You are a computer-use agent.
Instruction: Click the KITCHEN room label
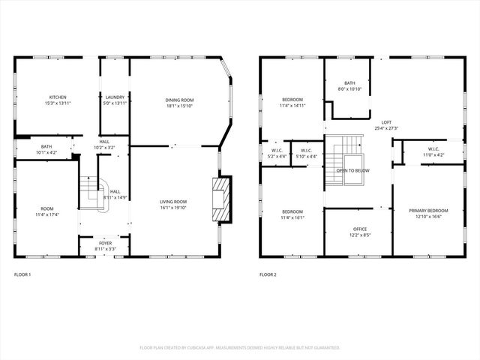(x=58, y=97)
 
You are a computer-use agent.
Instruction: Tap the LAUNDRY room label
(x=115, y=97)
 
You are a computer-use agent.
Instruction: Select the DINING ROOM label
(x=179, y=100)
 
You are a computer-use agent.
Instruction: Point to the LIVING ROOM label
(x=173, y=201)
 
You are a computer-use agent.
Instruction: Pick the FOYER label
(x=105, y=244)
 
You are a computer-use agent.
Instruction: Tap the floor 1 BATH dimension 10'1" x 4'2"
(x=46, y=152)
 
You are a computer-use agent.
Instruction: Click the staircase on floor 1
(x=93, y=193)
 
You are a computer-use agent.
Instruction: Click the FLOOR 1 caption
(x=22, y=275)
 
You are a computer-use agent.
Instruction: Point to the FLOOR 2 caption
(x=268, y=275)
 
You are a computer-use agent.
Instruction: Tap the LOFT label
(x=386, y=122)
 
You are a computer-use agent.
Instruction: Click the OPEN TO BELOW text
(x=352, y=170)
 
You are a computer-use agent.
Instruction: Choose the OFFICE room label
(x=360, y=229)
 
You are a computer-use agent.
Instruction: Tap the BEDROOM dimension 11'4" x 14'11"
(x=292, y=106)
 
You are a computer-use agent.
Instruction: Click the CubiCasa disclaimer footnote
(x=240, y=348)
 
